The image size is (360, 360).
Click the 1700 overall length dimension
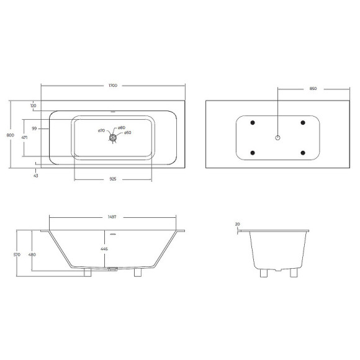tap(113, 85)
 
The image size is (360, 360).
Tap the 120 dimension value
tap(33, 106)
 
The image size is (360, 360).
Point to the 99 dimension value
tap(35, 128)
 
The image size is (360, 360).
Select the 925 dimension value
tap(113, 178)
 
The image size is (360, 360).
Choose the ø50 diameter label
tap(127, 133)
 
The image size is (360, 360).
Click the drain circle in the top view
tap(112, 138)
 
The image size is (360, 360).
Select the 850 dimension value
tap(313, 89)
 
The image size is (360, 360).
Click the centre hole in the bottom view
tap(278, 137)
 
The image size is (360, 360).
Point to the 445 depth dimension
tap(104, 249)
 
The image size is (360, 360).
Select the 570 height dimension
tap(17, 254)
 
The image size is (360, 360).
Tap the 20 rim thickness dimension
tap(237, 224)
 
